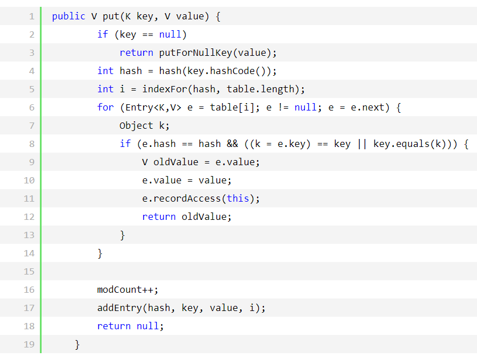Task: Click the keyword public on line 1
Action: (x=68, y=17)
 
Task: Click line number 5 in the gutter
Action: (x=31, y=89)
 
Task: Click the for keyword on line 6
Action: (x=105, y=108)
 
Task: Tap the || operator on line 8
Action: (x=362, y=144)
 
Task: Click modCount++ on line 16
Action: (x=128, y=290)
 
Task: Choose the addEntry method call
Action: (x=119, y=308)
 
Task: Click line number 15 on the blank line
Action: (x=29, y=272)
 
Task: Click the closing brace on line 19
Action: (x=77, y=345)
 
